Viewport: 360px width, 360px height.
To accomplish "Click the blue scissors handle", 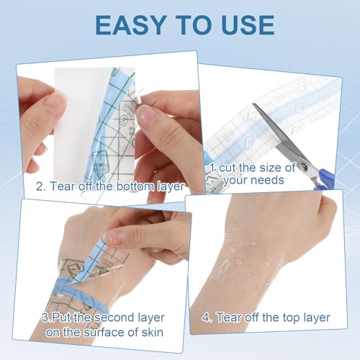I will pos(324,177).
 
